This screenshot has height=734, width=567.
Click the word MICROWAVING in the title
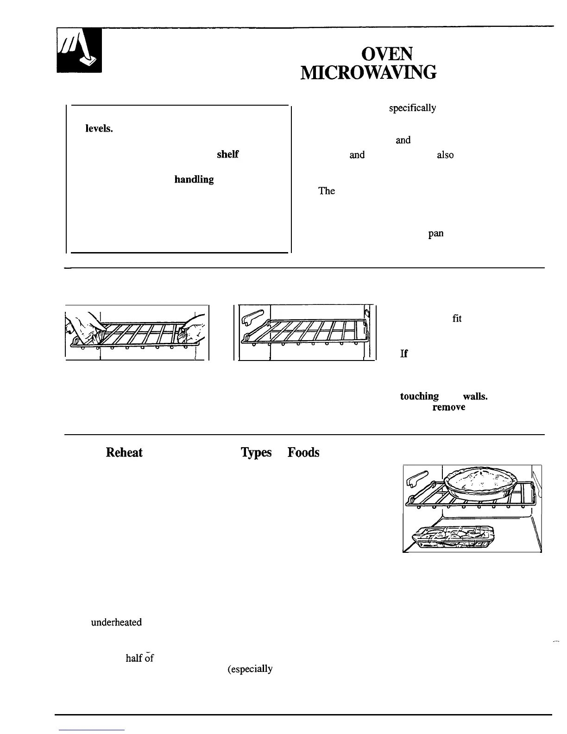click(368, 73)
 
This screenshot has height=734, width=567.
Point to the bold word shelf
click(227, 155)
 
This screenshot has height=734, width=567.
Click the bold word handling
click(194, 179)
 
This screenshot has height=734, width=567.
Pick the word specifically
click(412, 108)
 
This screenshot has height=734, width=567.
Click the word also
click(445, 155)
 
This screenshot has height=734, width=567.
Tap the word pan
click(436, 234)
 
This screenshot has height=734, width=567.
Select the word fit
click(457, 318)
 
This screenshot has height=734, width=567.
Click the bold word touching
click(419, 396)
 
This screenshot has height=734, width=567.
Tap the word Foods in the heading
click(303, 452)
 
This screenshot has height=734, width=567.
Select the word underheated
click(116, 622)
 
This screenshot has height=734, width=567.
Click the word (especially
click(250, 669)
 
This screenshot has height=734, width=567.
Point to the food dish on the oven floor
click(454, 536)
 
